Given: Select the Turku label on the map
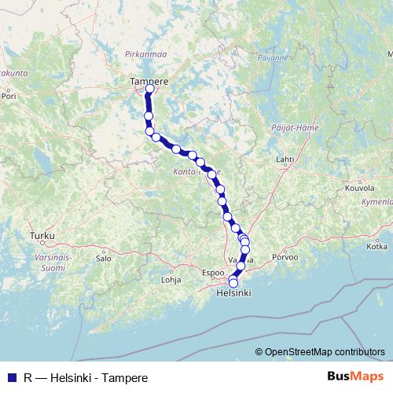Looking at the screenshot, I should (x=39, y=235).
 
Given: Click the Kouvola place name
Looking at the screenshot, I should (x=360, y=189).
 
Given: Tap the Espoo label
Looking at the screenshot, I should (x=214, y=273).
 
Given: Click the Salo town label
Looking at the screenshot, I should (x=103, y=257).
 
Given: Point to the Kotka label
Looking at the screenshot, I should (x=376, y=247).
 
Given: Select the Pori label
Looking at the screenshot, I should (x=9, y=100).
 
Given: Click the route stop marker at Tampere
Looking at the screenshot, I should (x=149, y=89).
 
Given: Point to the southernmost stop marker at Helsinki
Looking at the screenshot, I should (x=233, y=282).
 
